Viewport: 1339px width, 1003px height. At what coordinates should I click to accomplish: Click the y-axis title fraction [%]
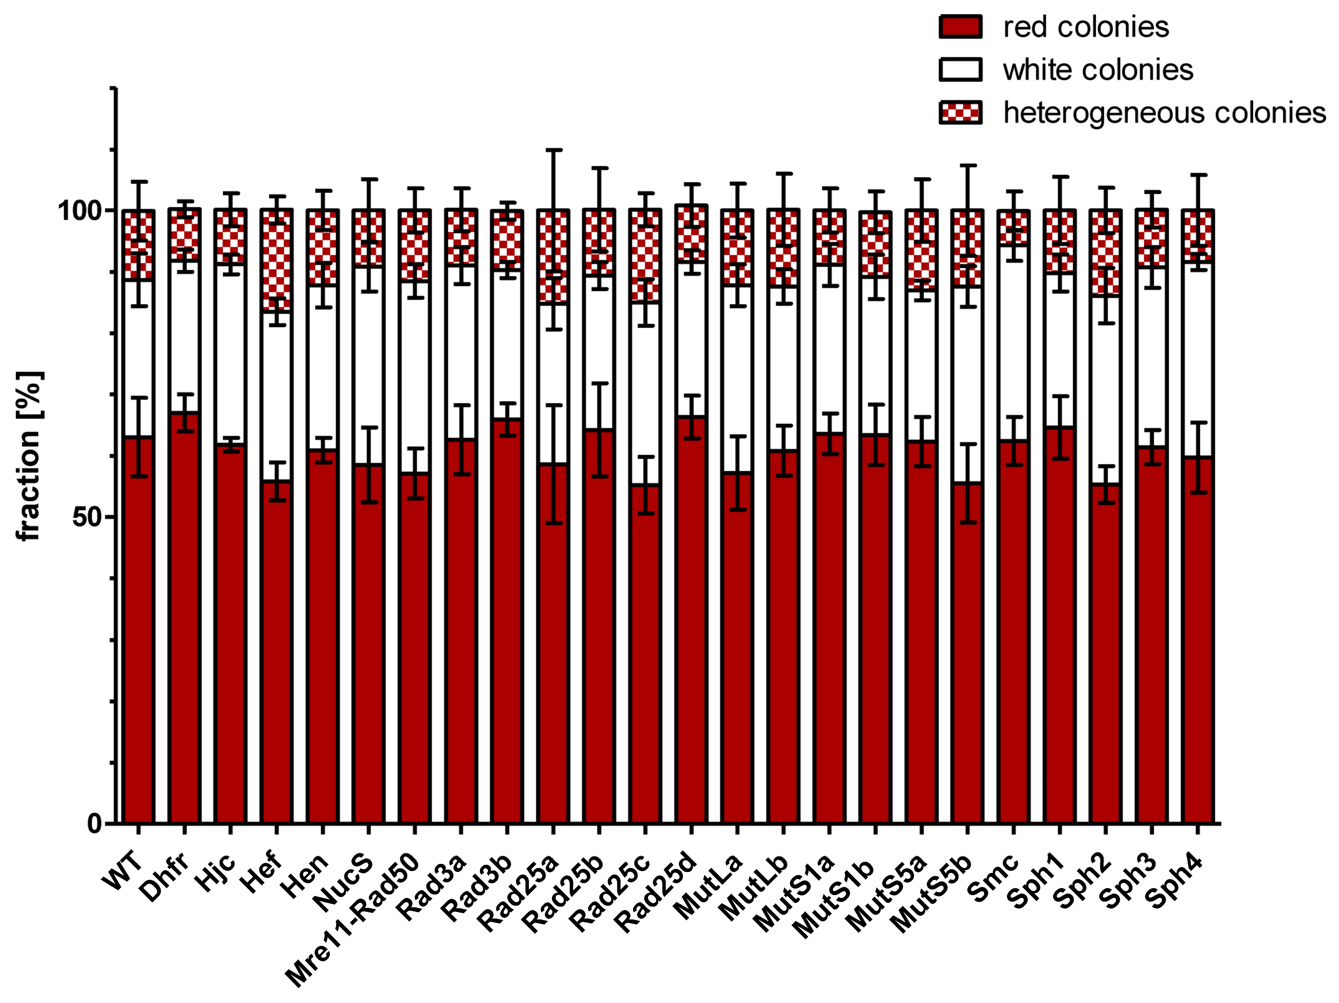point(29,456)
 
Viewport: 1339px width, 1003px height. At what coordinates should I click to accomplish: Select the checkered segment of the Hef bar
point(277,260)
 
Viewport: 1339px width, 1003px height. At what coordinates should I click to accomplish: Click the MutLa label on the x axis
point(708,887)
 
